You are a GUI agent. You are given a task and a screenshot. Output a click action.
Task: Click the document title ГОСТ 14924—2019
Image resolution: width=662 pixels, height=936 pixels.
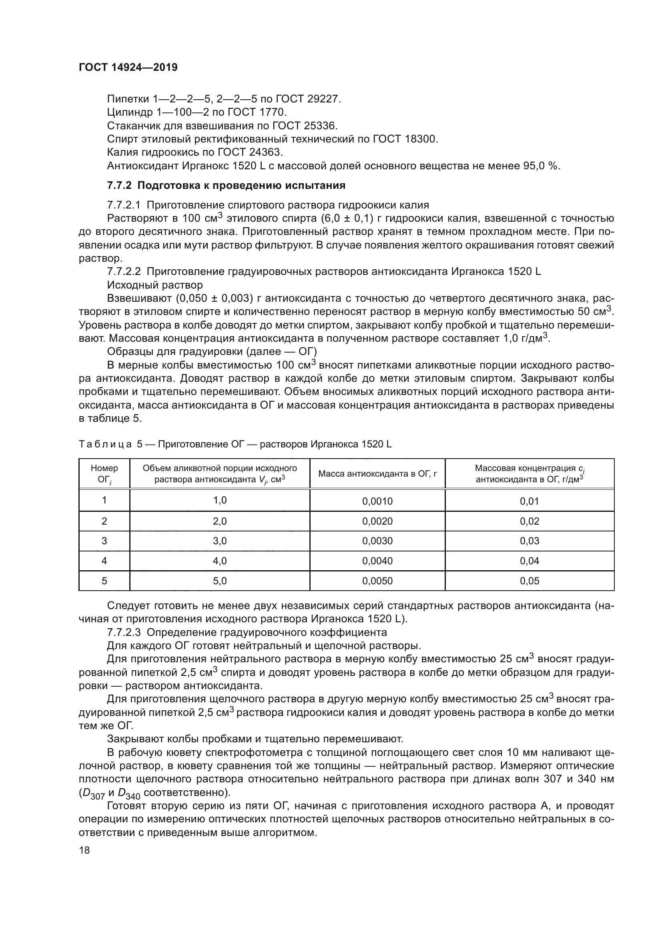(128, 68)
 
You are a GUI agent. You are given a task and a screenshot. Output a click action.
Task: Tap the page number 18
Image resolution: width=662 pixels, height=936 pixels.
(84, 850)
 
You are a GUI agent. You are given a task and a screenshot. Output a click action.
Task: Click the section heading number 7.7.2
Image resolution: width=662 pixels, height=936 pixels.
(119, 186)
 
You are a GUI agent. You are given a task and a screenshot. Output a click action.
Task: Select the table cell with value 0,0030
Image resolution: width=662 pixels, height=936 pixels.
(377, 541)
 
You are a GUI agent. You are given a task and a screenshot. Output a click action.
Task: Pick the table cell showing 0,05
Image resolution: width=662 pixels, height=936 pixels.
(529, 581)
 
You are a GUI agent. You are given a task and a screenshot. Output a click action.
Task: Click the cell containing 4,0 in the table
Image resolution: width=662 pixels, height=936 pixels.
(220, 561)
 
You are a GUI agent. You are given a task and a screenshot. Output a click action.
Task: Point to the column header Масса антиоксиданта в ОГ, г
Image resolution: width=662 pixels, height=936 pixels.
(377, 474)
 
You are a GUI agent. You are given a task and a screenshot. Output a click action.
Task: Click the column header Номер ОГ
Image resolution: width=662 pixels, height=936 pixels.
(104, 474)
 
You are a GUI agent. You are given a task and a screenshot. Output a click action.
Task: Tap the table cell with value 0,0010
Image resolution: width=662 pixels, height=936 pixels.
(377, 501)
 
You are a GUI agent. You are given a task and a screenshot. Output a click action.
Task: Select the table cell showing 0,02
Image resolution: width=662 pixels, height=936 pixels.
(529, 521)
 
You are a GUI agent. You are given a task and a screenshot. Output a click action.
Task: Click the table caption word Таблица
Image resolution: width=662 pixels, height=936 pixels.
(105, 444)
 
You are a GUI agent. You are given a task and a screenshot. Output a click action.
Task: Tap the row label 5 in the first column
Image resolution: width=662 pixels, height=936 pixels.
(104, 581)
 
